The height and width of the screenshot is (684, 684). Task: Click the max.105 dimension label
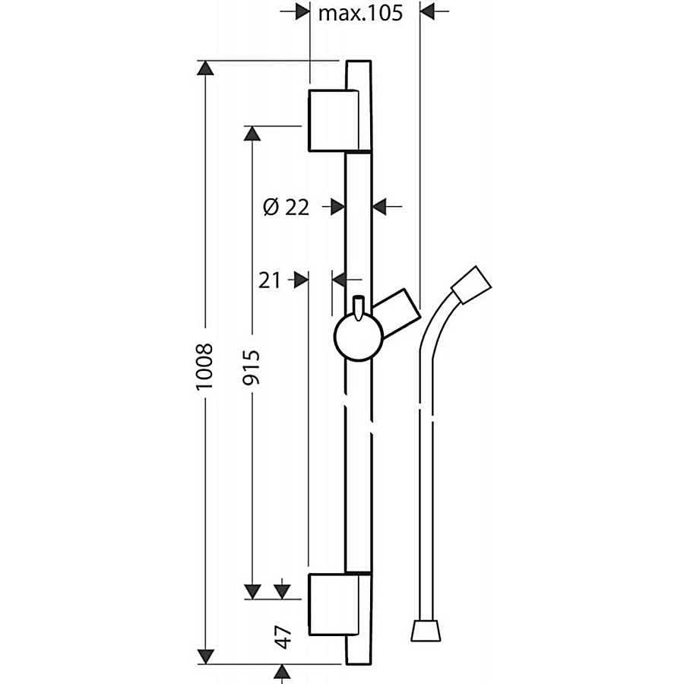[360, 13]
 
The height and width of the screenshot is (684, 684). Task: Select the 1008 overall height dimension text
[204, 366]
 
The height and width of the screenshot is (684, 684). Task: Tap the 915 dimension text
[252, 367]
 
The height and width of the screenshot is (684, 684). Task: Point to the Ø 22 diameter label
[287, 207]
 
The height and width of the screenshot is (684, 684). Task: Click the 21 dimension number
[269, 280]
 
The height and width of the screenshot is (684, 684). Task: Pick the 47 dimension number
[284, 637]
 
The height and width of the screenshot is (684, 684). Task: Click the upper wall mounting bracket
[334, 120]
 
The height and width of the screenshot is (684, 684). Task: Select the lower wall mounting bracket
[334, 605]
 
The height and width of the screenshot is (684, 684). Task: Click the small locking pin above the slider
[358, 309]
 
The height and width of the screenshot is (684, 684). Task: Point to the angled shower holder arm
[396, 313]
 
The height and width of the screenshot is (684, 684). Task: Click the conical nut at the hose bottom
[426, 629]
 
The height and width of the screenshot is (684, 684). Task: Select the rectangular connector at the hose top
[471, 285]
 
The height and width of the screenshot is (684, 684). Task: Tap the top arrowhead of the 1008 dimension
[205, 68]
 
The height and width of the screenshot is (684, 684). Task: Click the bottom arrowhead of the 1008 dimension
[205, 657]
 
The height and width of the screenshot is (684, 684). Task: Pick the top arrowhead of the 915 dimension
[252, 134]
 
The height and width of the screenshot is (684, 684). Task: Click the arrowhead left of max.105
[302, 11]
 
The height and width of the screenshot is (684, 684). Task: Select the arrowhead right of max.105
[427, 11]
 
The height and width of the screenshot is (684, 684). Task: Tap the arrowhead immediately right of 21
[302, 280]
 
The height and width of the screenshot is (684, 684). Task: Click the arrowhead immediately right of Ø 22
[379, 207]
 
